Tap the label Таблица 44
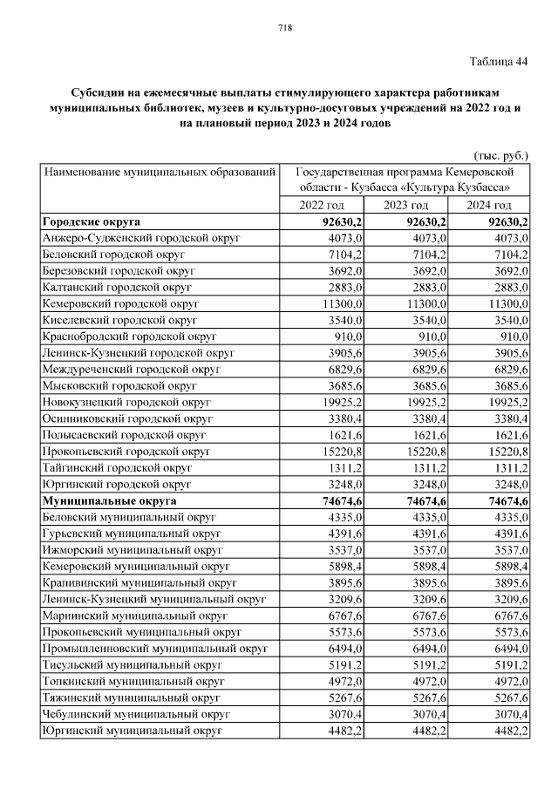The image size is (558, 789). pyautogui.click(x=499, y=61)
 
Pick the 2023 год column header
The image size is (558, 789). pyautogui.click(x=407, y=205)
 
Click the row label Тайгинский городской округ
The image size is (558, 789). pyautogui.click(x=114, y=467)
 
